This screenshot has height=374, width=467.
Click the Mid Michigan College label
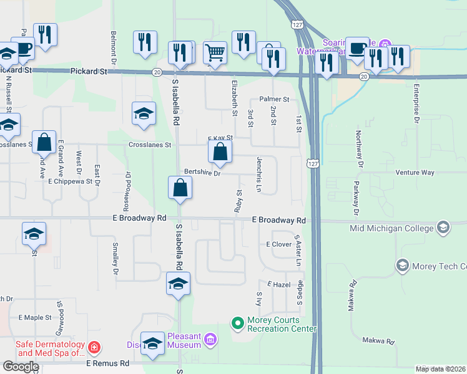click(391, 228)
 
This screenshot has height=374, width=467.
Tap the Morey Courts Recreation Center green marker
click(237, 323)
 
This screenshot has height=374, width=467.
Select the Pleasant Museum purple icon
click(211, 340)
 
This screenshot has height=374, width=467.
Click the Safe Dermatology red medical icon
click(94, 347)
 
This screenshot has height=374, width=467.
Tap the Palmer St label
click(274, 99)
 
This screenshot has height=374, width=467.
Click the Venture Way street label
click(414, 172)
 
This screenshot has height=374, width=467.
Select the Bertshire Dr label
click(202, 173)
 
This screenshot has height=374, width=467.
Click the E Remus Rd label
click(107, 363)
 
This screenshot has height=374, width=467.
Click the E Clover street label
click(279, 244)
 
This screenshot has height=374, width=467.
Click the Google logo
click(20, 366)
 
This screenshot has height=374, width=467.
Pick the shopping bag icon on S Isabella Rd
click(180, 187)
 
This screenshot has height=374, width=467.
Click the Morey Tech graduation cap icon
click(403, 267)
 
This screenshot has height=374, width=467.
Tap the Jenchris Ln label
click(258, 175)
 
